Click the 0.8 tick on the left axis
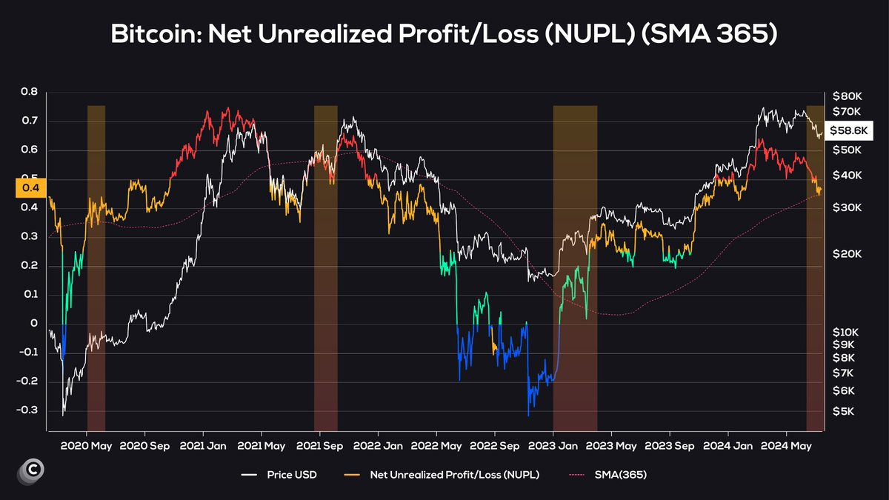coord(29,93)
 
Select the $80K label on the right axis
coord(847,96)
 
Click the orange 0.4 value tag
coord(30,188)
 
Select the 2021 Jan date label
coord(203,446)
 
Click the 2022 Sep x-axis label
coord(494,446)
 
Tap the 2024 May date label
coord(787,446)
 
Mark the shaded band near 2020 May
coord(96,267)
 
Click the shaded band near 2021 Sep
coord(325,267)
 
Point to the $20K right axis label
coord(847,254)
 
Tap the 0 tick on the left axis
coord(33,324)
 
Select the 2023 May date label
coord(611,446)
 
